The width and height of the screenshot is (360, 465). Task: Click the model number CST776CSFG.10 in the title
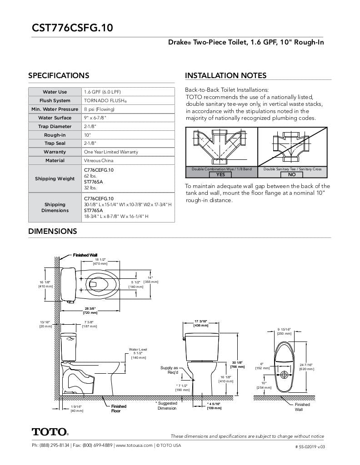(x=72, y=28)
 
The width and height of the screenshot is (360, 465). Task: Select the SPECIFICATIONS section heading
(x=59, y=76)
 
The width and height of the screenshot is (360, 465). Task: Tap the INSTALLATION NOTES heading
(x=225, y=76)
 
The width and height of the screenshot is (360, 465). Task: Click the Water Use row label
(x=55, y=92)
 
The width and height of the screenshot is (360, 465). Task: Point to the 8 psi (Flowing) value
(x=99, y=109)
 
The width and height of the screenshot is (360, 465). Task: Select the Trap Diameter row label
(x=55, y=126)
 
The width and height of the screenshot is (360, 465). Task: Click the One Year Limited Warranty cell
(x=111, y=152)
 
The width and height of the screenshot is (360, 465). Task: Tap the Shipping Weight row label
(x=55, y=178)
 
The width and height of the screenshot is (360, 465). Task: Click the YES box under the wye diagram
(x=220, y=174)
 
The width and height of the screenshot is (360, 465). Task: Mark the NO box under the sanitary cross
(x=292, y=174)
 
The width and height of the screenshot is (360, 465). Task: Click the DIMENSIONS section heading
(x=53, y=231)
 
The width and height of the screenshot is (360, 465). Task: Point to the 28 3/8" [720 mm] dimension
(x=90, y=311)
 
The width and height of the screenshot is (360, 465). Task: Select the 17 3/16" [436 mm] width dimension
(x=201, y=323)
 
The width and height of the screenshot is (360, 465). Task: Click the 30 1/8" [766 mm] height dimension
(x=238, y=364)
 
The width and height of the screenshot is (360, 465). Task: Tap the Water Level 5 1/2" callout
(x=138, y=353)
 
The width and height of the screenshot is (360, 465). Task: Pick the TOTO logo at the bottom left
(x=50, y=431)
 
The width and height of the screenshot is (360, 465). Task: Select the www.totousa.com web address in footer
(x=134, y=445)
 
